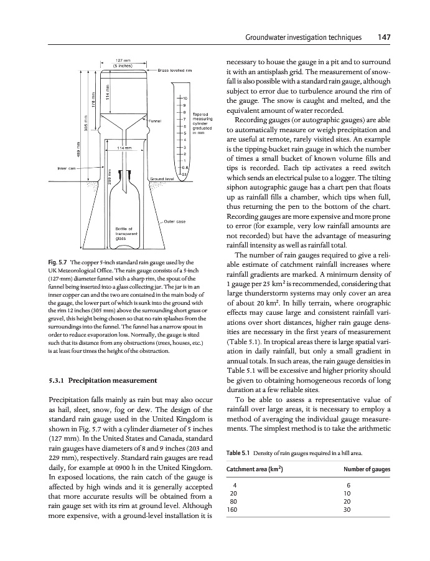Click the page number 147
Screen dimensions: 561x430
pyautogui.click(x=383, y=37)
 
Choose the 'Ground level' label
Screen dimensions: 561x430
pyautogui.click(x=161, y=179)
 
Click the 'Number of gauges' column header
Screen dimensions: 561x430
pyautogui.click(x=368, y=469)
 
